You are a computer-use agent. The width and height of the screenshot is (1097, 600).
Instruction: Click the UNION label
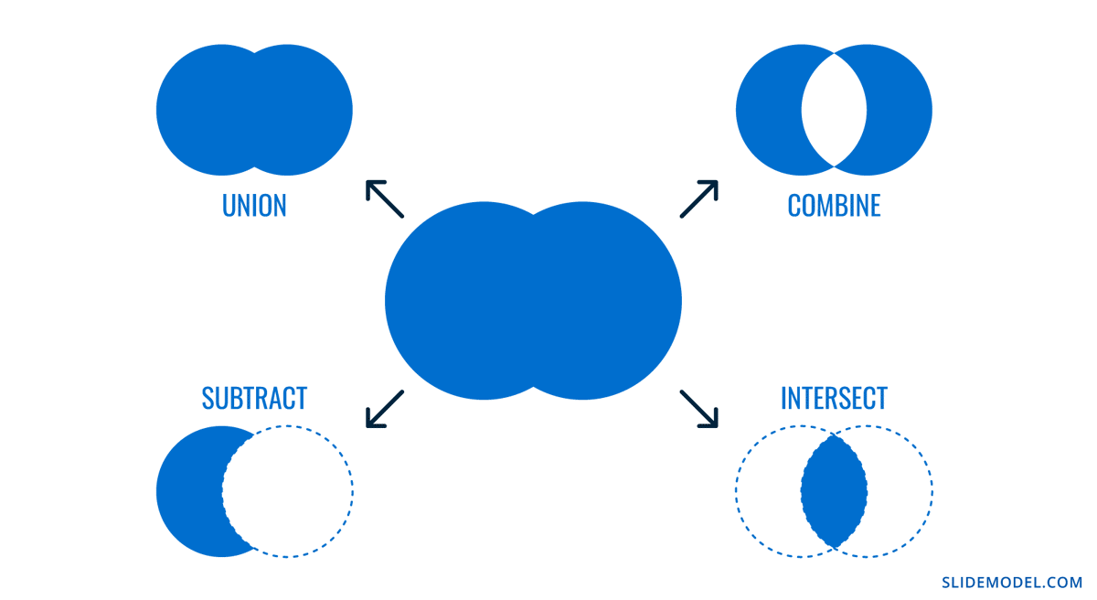click(254, 205)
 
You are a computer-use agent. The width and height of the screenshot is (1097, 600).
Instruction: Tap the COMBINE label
click(834, 205)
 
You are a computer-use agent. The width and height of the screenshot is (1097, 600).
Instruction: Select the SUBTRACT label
click(254, 398)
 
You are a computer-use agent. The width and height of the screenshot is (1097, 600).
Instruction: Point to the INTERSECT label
click(834, 398)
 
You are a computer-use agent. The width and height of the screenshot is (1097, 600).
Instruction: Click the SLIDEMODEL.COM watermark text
click(1012, 582)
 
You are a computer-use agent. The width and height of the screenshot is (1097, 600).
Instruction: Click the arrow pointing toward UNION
click(385, 198)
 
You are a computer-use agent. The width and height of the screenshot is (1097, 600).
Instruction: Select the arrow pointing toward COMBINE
click(699, 198)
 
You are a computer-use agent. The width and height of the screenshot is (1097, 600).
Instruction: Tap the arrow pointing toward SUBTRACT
click(385, 408)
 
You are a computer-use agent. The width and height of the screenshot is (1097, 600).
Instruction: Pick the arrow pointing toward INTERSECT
click(699, 408)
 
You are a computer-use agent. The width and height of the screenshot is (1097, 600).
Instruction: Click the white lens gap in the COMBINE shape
click(834, 111)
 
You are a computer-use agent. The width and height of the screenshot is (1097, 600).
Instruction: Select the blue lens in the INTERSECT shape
click(834, 491)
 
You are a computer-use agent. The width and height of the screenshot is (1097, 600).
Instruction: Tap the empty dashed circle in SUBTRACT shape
click(288, 491)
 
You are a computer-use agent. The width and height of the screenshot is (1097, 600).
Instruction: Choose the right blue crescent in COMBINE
click(900, 111)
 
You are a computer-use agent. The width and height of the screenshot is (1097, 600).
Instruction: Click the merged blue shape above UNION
click(254, 111)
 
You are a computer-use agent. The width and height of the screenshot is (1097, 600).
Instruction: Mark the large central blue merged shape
click(533, 301)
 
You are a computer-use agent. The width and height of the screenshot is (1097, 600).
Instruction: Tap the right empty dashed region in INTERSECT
click(900, 491)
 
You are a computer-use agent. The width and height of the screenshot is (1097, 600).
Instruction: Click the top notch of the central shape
click(533, 215)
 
